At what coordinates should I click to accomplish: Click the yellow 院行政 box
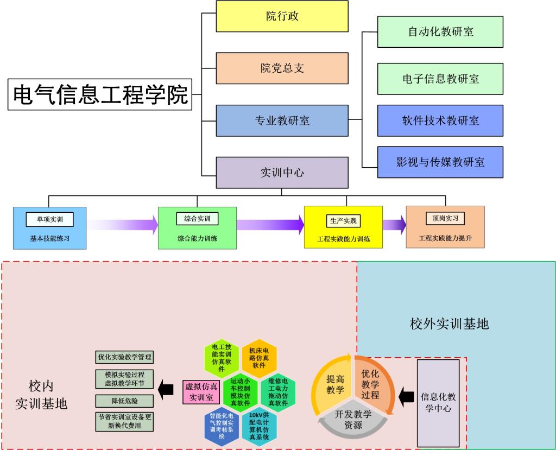point(282,16)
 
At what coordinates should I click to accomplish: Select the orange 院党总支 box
point(282,68)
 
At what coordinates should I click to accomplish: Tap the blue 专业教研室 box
point(282,121)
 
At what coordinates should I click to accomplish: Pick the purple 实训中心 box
point(282,173)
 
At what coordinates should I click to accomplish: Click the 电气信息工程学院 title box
point(100,94)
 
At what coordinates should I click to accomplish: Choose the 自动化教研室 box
point(440,31)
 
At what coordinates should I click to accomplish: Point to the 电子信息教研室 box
point(440,79)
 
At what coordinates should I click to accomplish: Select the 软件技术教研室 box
point(440,121)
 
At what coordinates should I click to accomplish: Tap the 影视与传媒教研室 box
point(440,162)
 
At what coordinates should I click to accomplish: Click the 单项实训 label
point(49,219)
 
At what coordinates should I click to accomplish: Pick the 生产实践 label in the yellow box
point(344,221)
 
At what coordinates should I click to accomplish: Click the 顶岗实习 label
point(445,219)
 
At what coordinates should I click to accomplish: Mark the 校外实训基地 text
point(449,324)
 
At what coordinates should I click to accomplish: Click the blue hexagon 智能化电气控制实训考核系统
point(221,426)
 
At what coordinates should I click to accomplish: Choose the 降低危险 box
point(124,401)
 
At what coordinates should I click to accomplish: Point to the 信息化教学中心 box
point(438,402)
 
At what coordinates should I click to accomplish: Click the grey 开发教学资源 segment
point(353,421)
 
